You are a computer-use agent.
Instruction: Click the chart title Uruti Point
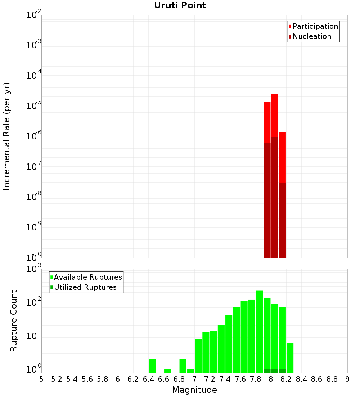[x=180, y=5]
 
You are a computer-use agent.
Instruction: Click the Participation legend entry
[x=315, y=26]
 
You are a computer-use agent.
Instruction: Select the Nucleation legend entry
[x=311, y=36]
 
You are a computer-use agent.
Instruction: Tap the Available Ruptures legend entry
[x=87, y=277]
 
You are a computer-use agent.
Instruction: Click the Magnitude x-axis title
[x=194, y=390]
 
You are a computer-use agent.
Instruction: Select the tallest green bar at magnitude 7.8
[x=259, y=331]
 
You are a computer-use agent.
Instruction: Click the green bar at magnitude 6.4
[x=152, y=366]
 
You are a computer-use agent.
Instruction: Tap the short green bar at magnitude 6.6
[x=167, y=371]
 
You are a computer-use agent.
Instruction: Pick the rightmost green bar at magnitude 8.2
[x=290, y=358]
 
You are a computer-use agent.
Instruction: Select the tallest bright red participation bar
[x=275, y=115]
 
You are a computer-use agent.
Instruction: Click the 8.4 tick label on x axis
[x=301, y=379]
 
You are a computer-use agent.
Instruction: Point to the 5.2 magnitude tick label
[x=57, y=379]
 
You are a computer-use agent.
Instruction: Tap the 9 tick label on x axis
[x=347, y=379]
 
